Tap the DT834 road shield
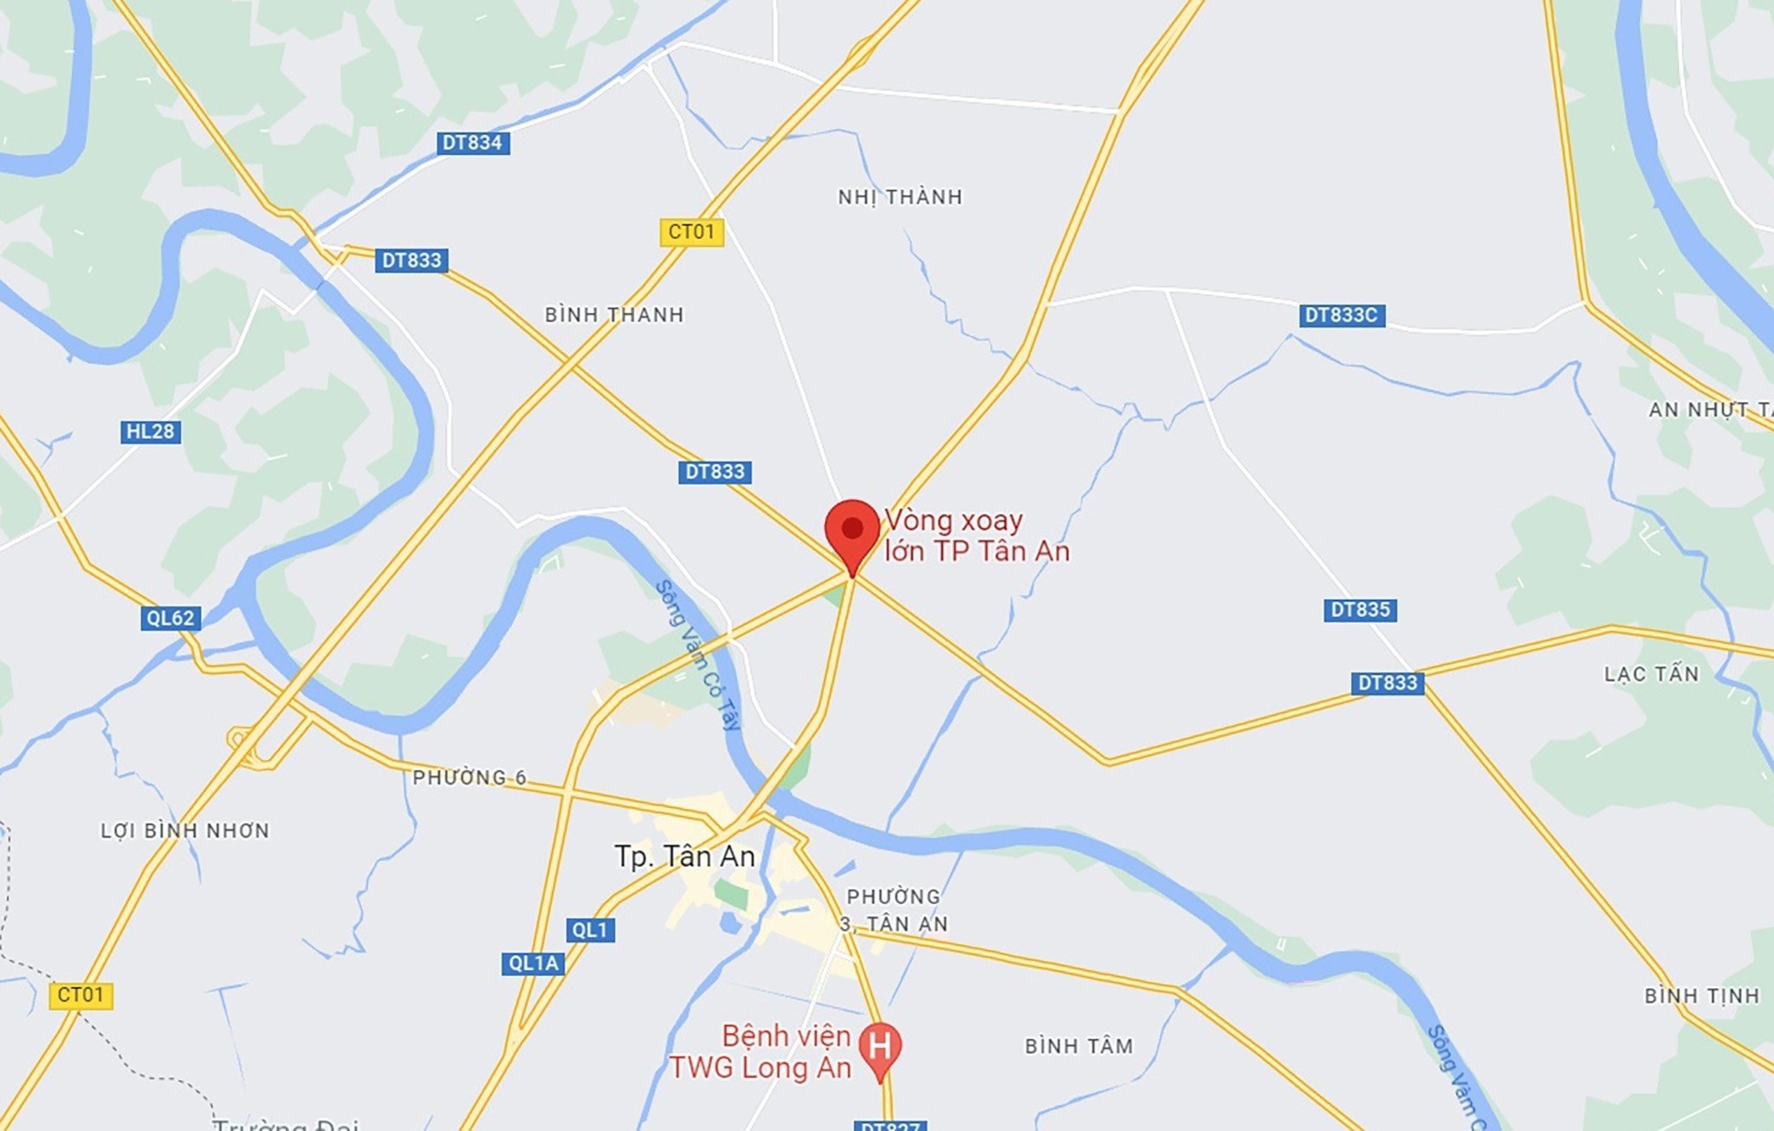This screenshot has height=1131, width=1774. coord(472,143)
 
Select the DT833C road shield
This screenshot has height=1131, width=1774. coord(1341,315)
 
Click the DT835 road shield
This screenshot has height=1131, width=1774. coord(1360,610)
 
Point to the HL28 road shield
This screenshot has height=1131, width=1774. coord(150,431)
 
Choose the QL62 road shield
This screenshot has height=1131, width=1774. coord(171,617)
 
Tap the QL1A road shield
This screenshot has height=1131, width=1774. coord(533,963)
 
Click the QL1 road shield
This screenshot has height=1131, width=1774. coord(591,930)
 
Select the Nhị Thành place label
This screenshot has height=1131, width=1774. coord(900,197)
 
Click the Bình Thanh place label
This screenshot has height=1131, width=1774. coord(614,315)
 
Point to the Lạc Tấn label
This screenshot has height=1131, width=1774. coord(1651,674)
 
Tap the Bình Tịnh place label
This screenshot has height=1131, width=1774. coord(1702,996)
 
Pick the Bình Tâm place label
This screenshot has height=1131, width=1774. coord(1078,1046)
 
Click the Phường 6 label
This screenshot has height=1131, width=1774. coord(469,778)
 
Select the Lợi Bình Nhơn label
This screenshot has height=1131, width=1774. coord(185,830)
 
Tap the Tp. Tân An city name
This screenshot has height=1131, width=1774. coord(684,856)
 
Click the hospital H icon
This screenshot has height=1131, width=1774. coord(880,1046)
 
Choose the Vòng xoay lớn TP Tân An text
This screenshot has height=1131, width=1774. coord(976,535)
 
